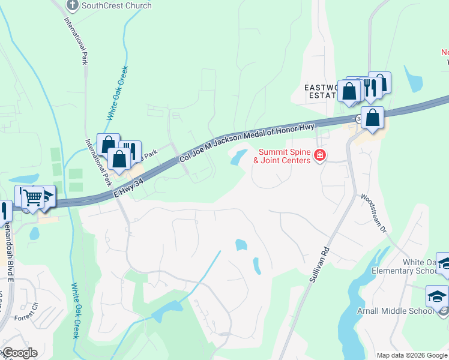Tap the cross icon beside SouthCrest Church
[72, 5]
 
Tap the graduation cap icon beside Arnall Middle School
[436, 296]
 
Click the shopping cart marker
[32, 197]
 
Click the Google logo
[19, 353]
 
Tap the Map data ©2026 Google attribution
[412, 355]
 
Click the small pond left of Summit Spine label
[238, 158]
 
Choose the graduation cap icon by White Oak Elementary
[444, 263]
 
